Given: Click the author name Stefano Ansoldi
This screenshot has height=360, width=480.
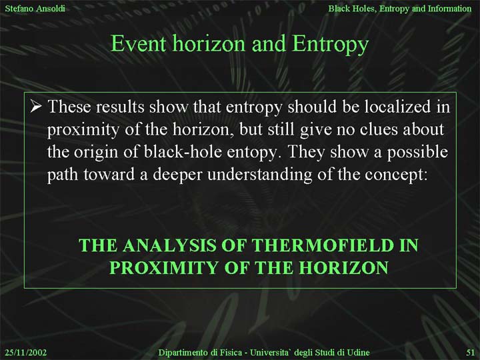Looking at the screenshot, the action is click(35, 8).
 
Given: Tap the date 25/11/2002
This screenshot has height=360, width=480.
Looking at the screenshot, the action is click(26, 353).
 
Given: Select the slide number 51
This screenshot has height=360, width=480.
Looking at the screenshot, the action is click(471, 353).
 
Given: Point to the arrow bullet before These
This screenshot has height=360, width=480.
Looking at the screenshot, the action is click(36, 107).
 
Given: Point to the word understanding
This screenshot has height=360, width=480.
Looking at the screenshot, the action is click(259, 175).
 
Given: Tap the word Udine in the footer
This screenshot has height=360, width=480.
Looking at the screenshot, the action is click(358, 353).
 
